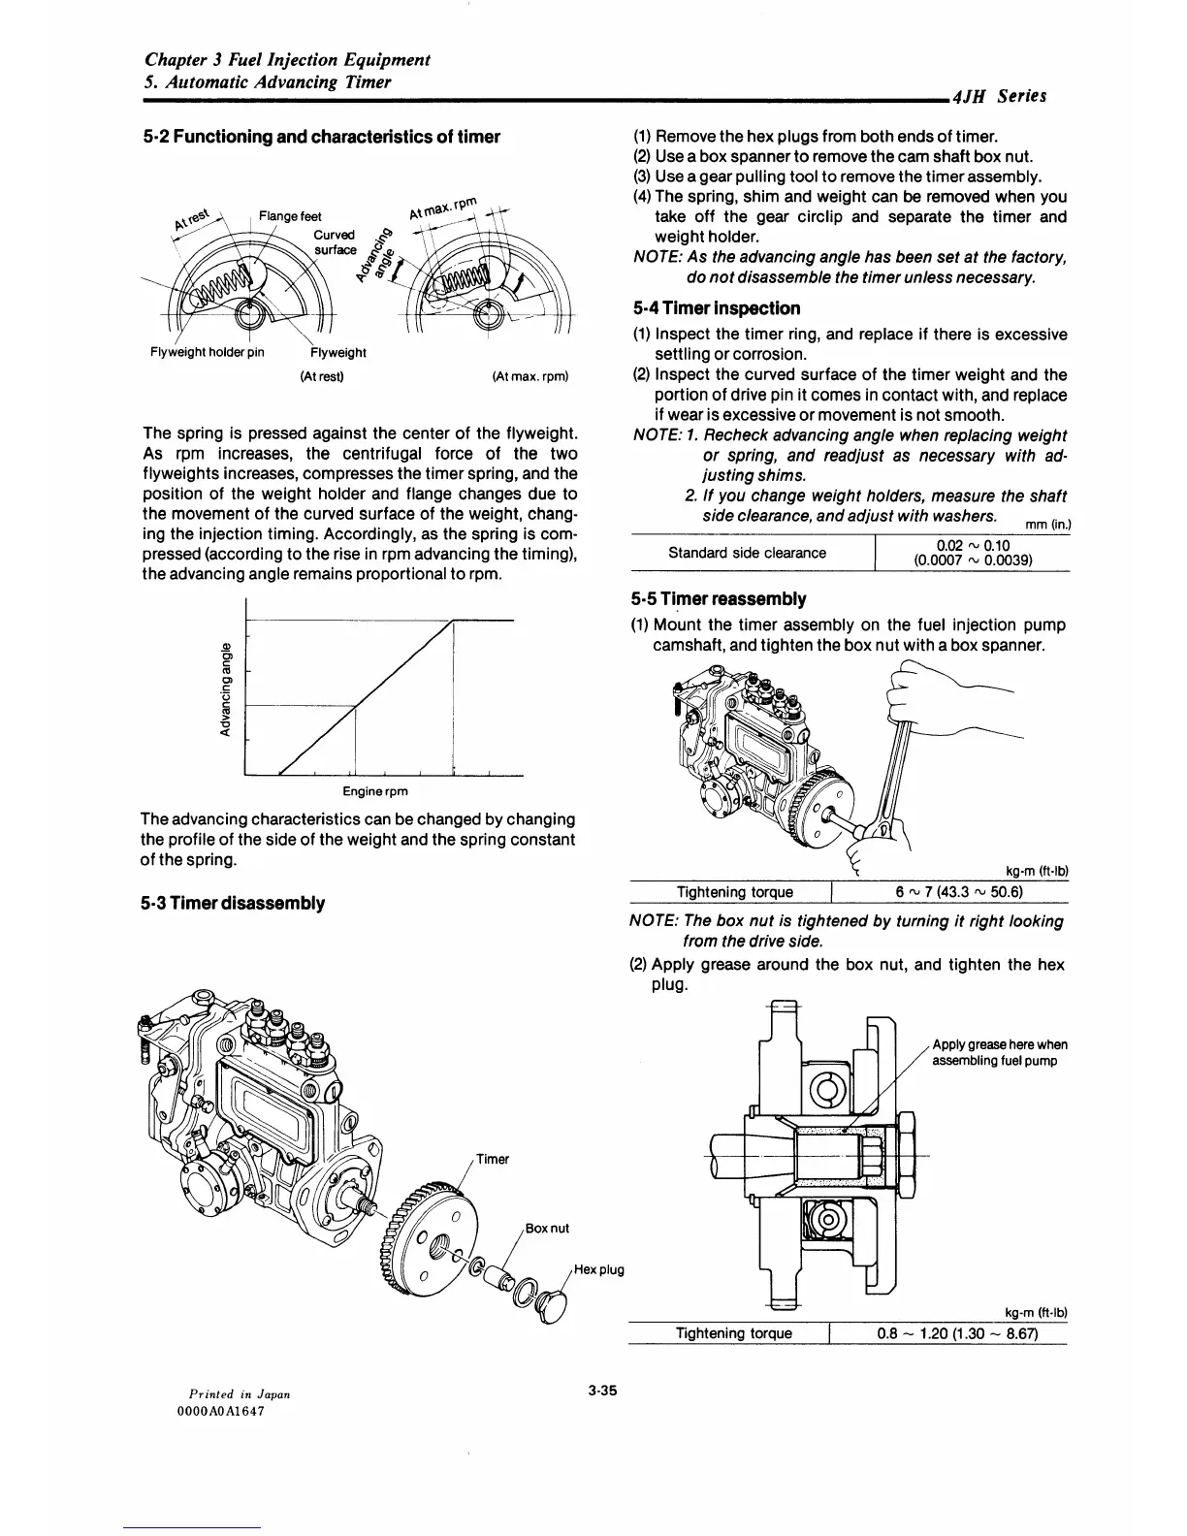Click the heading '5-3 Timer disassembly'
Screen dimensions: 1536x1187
pyautogui.click(x=233, y=904)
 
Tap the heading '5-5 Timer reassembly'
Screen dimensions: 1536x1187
pyautogui.click(x=719, y=599)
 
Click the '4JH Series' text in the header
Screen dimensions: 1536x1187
pyautogui.click(x=999, y=96)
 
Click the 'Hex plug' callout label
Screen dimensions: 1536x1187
pyautogui.click(x=598, y=1269)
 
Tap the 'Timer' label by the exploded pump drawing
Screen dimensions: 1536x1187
pyautogui.click(x=493, y=1160)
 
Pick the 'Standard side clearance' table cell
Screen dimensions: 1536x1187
pyautogui.click(x=748, y=553)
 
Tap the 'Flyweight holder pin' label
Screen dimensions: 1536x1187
pyautogui.click(x=207, y=353)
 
